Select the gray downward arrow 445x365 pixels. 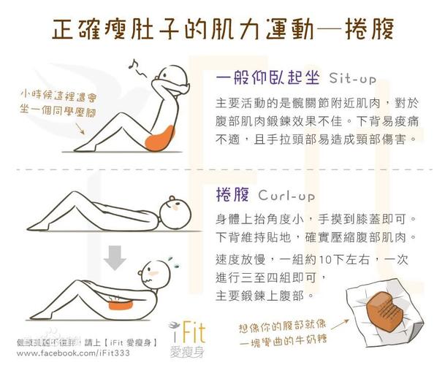[x=114, y=256]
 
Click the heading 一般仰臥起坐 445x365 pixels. [x=268, y=77]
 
